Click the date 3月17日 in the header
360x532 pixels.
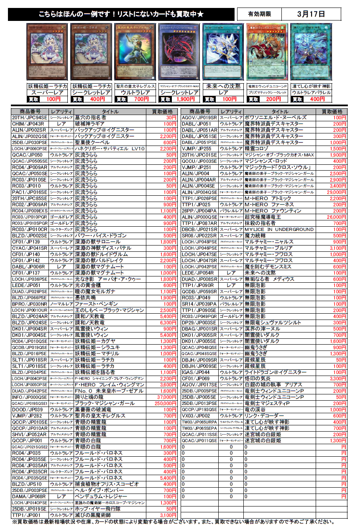[x=311, y=14]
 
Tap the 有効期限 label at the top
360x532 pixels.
[x=259, y=14]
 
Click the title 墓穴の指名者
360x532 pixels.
[x=90, y=118]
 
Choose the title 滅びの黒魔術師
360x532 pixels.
[x=92, y=515]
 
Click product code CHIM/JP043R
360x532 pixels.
[x=28, y=124]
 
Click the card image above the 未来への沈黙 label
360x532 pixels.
[x=223, y=52]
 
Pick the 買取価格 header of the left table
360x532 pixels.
[x=162, y=112]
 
